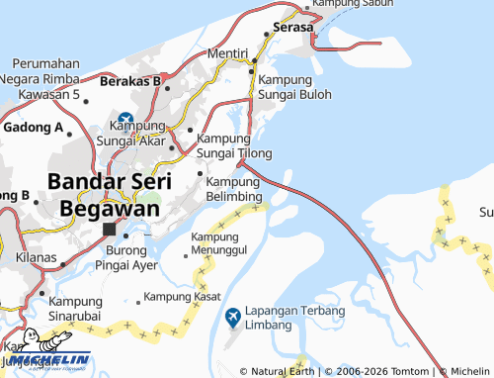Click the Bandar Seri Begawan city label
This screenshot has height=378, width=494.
tap(109, 195)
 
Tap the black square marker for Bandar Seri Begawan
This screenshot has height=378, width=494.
tap(110, 230)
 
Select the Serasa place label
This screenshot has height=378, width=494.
tap(293, 28)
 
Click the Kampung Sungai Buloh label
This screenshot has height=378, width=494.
tap(295, 87)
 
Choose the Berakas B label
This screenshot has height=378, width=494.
tap(130, 80)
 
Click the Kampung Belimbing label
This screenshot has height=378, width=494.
tap(234, 189)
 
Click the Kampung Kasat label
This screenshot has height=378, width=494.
tap(181, 296)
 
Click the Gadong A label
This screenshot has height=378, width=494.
tap(34, 128)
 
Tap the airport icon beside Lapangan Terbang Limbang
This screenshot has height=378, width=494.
tap(233, 317)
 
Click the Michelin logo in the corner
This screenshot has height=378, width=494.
tap(44, 360)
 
